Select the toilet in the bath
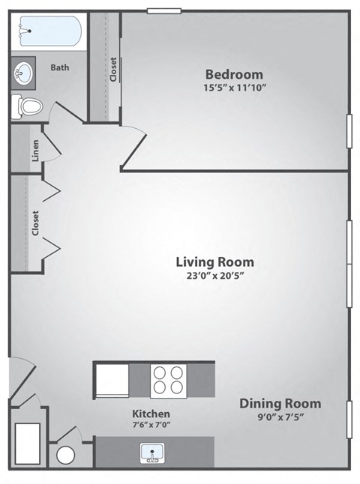coord(26,106)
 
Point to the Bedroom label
coord(234,74)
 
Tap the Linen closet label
coord(35,151)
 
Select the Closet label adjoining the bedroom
coord(113,69)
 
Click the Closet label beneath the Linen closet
coord(35,223)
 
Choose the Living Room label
coord(214,262)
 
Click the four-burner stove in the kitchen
coord(168,380)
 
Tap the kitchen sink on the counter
coord(152,453)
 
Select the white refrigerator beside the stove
coord(111,380)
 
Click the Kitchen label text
coord(151,414)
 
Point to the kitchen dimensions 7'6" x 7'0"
coord(151,426)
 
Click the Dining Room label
coord(280,404)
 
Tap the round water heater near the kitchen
coord(67,455)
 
